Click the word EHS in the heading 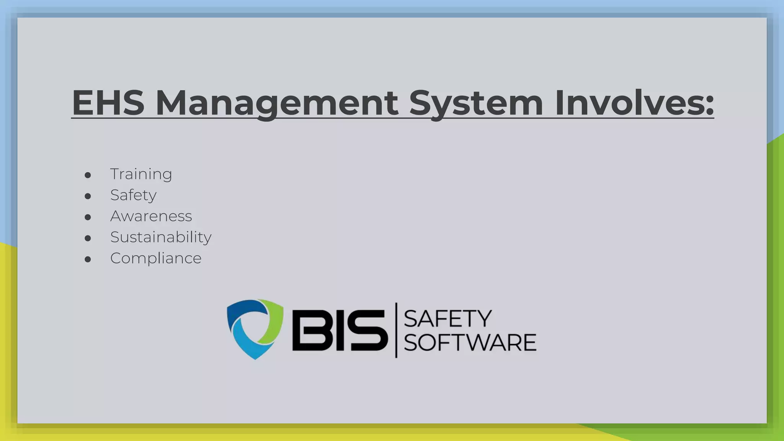click(108, 103)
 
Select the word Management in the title click(277, 103)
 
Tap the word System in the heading click(476, 103)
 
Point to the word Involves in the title click(628, 103)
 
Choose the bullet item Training click(141, 174)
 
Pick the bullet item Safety click(133, 195)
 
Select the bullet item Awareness click(151, 216)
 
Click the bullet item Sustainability click(161, 237)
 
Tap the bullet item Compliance click(156, 258)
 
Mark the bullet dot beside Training click(88, 175)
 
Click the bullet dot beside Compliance click(88, 260)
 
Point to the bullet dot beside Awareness click(88, 217)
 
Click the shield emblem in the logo click(255, 329)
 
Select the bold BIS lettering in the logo click(340, 330)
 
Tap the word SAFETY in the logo click(447, 319)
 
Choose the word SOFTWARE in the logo click(470, 342)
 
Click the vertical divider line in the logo click(396, 330)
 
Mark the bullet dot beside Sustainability click(88, 238)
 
